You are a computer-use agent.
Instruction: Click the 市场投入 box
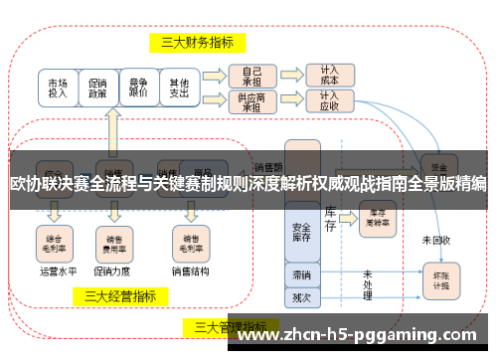pos(58,88)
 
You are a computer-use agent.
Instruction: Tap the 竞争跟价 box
pos(138,88)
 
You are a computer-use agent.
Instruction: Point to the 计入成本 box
pos(329,76)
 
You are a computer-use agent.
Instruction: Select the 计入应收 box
pos(329,102)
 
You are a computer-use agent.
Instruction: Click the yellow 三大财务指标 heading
pos(198,42)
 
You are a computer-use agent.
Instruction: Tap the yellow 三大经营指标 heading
pos(119,295)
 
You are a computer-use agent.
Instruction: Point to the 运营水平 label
pos(56,269)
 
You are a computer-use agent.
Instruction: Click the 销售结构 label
pos(190,269)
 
